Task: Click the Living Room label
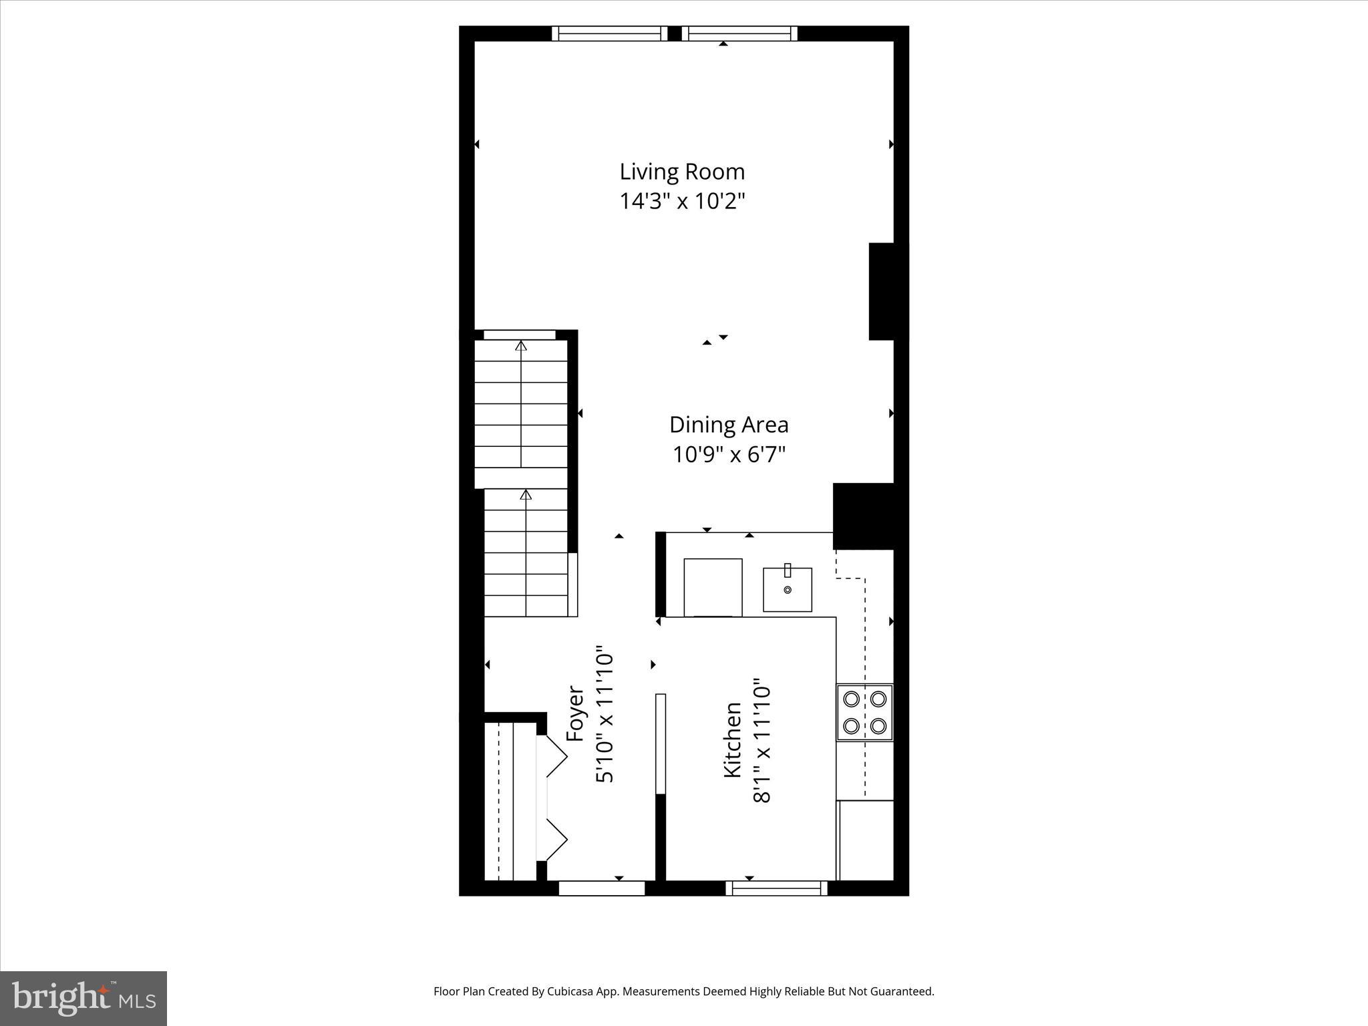point(682,172)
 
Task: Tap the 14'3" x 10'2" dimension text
point(682,201)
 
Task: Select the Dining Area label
point(729,425)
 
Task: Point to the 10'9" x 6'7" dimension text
point(729,455)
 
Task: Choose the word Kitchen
point(733,739)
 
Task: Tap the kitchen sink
point(788,589)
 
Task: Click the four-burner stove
point(865,712)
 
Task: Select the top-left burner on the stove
point(852,699)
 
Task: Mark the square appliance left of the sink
point(713,587)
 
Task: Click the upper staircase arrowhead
point(521,346)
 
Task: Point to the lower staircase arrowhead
point(526,495)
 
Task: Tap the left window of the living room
point(609,33)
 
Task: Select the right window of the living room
point(739,33)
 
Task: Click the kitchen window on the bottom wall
point(776,888)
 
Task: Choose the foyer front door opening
point(601,888)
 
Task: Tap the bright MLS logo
point(83,999)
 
